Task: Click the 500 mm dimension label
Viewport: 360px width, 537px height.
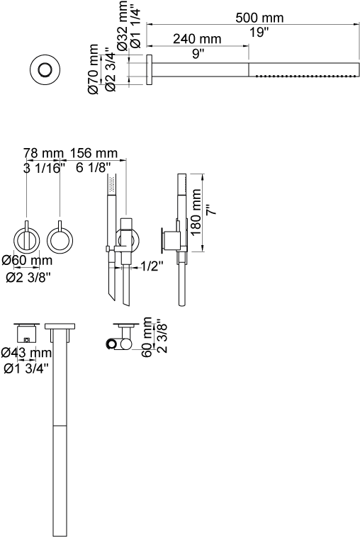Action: pos(259,18)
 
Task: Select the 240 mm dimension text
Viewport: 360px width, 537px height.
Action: pos(197,39)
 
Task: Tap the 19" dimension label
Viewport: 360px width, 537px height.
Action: pos(259,33)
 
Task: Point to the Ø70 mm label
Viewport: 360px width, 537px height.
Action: pos(93,69)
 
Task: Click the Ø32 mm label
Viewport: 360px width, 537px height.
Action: pos(123,26)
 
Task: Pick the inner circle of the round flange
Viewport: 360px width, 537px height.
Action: pos(45,70)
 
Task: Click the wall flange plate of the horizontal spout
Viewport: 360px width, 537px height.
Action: pos(150,69)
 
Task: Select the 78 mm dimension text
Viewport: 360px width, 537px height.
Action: pos(43,153)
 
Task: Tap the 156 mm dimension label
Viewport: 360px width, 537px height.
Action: pos(94,153)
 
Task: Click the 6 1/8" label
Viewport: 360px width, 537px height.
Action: pos(93,167)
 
